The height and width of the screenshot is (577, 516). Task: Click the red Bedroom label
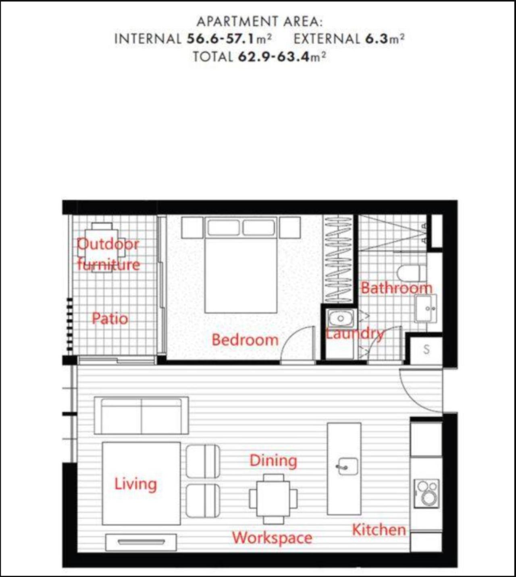[x=245, y=340]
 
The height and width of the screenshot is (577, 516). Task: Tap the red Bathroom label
[x=396, y=288]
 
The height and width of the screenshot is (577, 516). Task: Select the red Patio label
[x=110, y=319]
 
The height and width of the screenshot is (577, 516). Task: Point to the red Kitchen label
[x=379, y=530]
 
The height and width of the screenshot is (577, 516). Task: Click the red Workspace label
[x=272, y=538]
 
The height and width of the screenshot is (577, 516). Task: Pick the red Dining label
[x=273, y=461]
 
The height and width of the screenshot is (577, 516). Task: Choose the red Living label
[x=135, y=484]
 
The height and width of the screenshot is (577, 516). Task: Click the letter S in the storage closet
[x=426, y=350]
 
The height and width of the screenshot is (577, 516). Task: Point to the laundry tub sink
[x=341, y=318]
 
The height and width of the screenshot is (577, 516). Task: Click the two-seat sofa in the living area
[x=141, y=416]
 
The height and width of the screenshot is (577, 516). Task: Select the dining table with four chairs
[x=273, y=499]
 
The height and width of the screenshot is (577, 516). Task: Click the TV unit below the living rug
[x=141, y=543]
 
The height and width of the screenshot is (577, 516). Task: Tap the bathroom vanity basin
[x=426, y=309]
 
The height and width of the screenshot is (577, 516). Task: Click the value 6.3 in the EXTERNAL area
[x=377, y=38]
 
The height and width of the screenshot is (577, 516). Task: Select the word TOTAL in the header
[x=213, y=57]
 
